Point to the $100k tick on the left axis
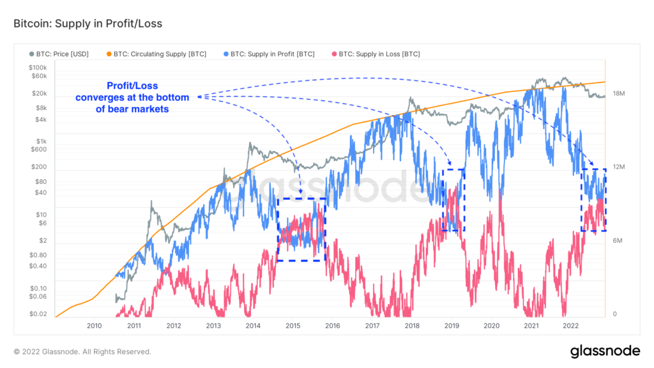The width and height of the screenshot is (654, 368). (37, 68)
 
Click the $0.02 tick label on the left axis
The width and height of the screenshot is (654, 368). (38, 314)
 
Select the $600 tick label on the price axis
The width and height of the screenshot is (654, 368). (38, 149)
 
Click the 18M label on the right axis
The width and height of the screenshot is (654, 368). (618, 94)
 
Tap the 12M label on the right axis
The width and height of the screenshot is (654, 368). (618, 167)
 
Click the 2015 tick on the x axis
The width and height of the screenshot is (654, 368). (293, 325)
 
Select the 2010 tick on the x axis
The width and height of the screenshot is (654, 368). (94, 325)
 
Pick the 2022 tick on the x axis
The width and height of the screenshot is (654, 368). (570, 325)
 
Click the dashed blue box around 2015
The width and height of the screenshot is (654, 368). (301, 229)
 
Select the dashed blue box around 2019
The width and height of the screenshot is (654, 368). (453, 200)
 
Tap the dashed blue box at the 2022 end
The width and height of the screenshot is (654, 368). (593, 199)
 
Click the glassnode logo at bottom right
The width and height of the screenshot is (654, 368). (605, 351)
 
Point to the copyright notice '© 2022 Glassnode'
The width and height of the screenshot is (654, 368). (82, 351)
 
